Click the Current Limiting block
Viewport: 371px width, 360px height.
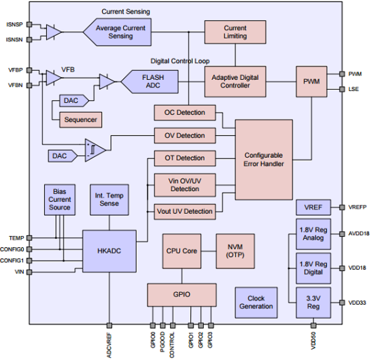235,32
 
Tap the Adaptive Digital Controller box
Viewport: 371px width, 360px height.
235,82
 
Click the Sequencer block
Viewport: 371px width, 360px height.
81,120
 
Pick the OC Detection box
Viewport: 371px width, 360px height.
185,113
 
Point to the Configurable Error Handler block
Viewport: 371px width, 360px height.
264,160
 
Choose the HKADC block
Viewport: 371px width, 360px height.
109,251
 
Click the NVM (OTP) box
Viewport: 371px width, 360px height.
235,251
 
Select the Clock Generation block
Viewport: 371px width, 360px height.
256,302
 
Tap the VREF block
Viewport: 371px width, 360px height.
313,207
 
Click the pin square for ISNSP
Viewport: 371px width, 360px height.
29,25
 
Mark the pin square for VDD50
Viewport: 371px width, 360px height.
313,325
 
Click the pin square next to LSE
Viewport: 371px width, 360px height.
342,89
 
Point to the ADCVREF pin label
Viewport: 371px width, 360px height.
109,345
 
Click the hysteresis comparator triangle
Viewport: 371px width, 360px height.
94,150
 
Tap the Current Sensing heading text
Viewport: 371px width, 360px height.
126,12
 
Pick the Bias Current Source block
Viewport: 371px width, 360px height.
60,200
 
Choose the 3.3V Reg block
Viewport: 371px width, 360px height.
313,302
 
